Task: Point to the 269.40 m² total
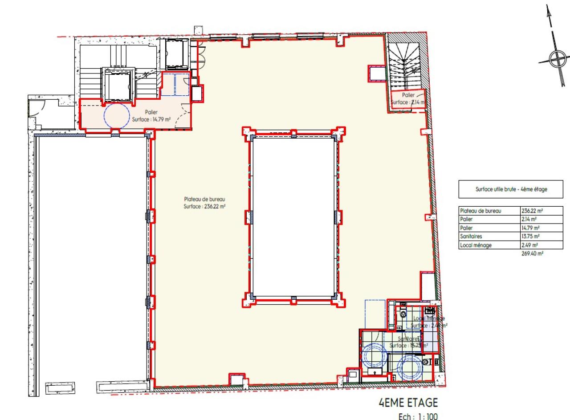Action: [532, 253]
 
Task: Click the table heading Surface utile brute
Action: [511, 189]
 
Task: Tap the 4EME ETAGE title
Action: [408, 403]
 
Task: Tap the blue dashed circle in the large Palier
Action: [117, 116]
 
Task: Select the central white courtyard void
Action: [293, 217]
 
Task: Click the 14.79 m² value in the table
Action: [529, 228]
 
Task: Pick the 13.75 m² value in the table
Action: [529, 237]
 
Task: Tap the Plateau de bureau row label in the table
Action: [480, 211]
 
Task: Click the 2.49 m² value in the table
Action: [528, 245]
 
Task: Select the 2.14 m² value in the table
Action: [528, 220]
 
